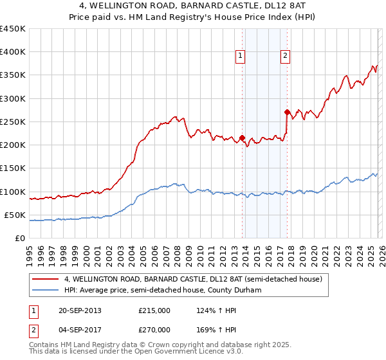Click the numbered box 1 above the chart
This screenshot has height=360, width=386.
(x=239, y=56)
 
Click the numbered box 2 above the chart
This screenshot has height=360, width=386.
(x=284, y=56)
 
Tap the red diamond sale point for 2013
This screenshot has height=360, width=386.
(x=242, y=138)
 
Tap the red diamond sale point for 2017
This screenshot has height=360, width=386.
(x=287, y=112)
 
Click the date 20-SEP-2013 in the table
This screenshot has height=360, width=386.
(x=80, y=310)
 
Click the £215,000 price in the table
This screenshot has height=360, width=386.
(x=154, y=310)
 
